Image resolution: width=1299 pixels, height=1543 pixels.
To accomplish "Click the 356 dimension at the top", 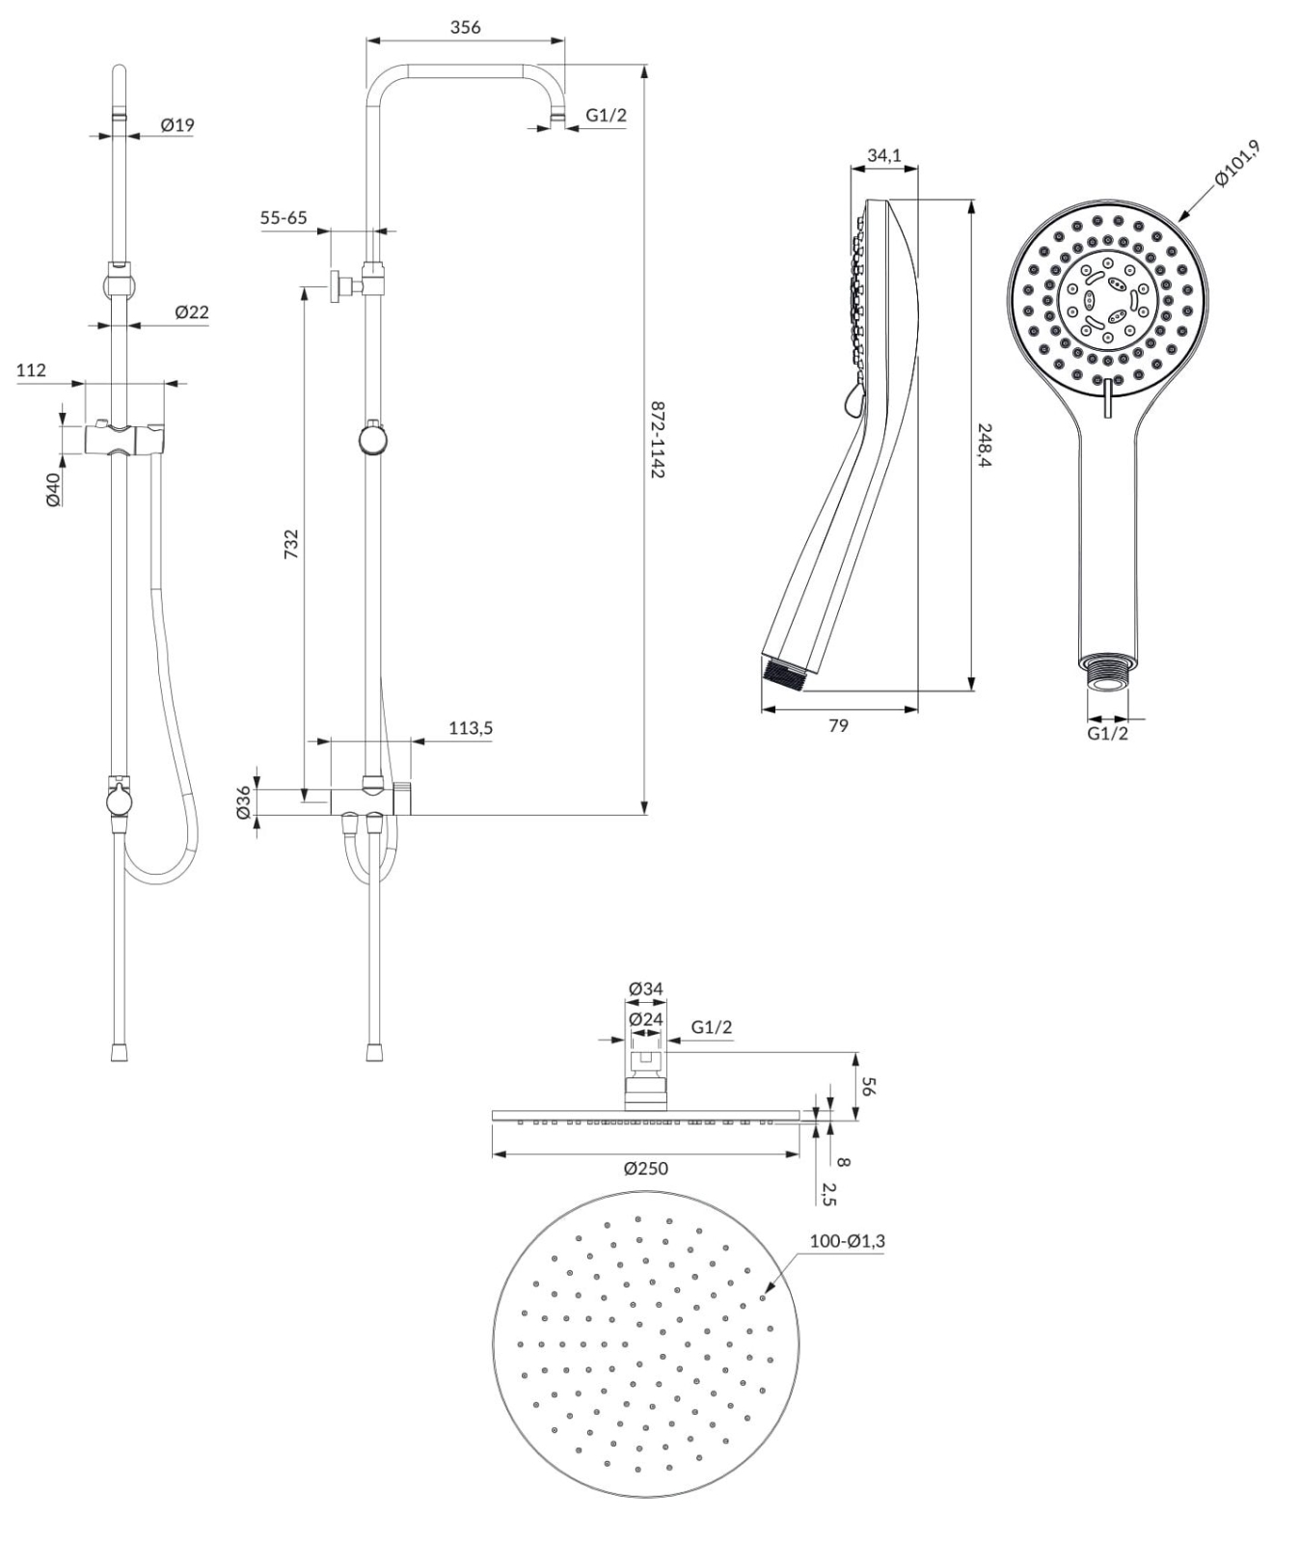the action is point(465,27).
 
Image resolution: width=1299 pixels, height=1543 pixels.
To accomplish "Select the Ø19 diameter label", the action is point(177,124).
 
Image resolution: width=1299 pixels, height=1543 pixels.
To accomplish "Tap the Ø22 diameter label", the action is point(192,312).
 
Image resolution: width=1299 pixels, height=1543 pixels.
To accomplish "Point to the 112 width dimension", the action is point(31,369).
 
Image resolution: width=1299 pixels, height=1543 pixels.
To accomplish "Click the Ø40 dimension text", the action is point(54,488).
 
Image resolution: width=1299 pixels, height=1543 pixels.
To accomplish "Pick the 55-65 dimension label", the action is point(284,218).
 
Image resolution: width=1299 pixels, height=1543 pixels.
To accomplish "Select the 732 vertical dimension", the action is point(291,543).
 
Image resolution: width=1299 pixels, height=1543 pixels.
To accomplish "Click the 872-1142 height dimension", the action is point(658,441).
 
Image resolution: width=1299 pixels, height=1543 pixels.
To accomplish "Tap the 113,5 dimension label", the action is point(471,728).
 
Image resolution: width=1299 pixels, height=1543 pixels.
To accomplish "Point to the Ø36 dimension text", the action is point(244,802).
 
